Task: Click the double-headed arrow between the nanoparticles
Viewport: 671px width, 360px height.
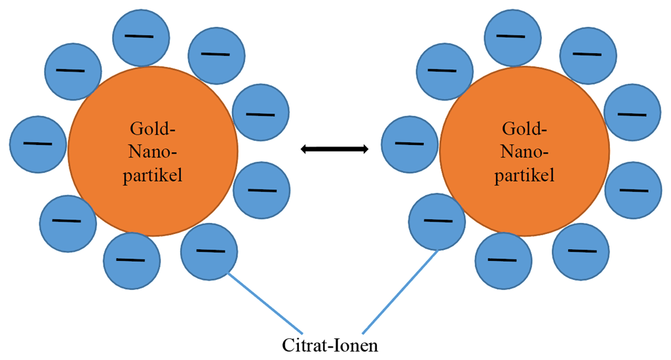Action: (334, 150)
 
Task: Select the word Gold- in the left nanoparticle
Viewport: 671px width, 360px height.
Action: (153, 128)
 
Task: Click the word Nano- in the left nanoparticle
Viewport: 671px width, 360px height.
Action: (153, 152)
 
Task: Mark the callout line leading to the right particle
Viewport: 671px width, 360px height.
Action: (400, 292)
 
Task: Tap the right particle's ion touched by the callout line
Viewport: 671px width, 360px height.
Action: (436, 221)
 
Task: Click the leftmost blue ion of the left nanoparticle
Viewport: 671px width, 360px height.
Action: (39, 143)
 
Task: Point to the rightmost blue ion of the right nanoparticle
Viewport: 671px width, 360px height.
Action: (632, 190)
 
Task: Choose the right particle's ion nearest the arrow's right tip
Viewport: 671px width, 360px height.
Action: (410, 142)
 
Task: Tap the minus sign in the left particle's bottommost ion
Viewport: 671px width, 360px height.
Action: (131, 260)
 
